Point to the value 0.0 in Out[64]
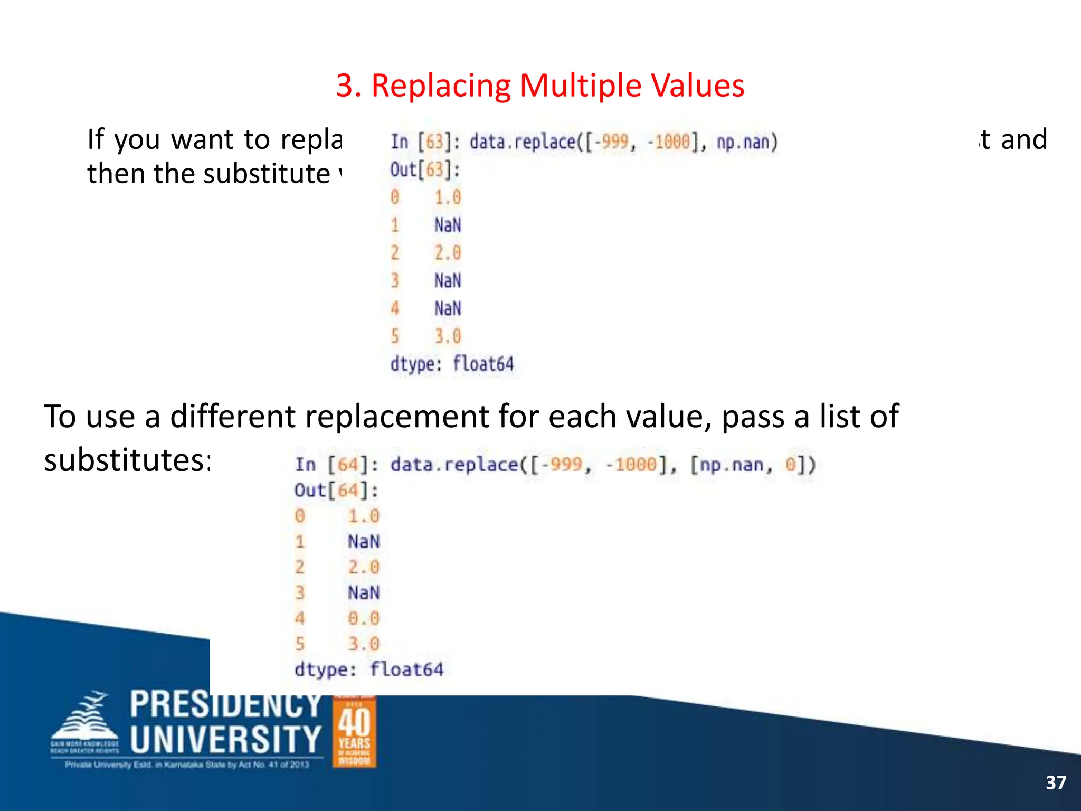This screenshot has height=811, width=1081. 363,618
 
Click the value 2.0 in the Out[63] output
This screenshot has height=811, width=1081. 448,253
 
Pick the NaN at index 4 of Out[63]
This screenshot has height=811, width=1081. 448,308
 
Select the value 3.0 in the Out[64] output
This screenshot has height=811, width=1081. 363,644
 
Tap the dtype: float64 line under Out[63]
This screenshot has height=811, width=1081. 452,364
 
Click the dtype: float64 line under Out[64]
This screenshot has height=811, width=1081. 369,669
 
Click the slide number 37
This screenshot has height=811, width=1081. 1056,782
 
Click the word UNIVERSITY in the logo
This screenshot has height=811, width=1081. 225,739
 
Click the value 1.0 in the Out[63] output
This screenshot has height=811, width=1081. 448,197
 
